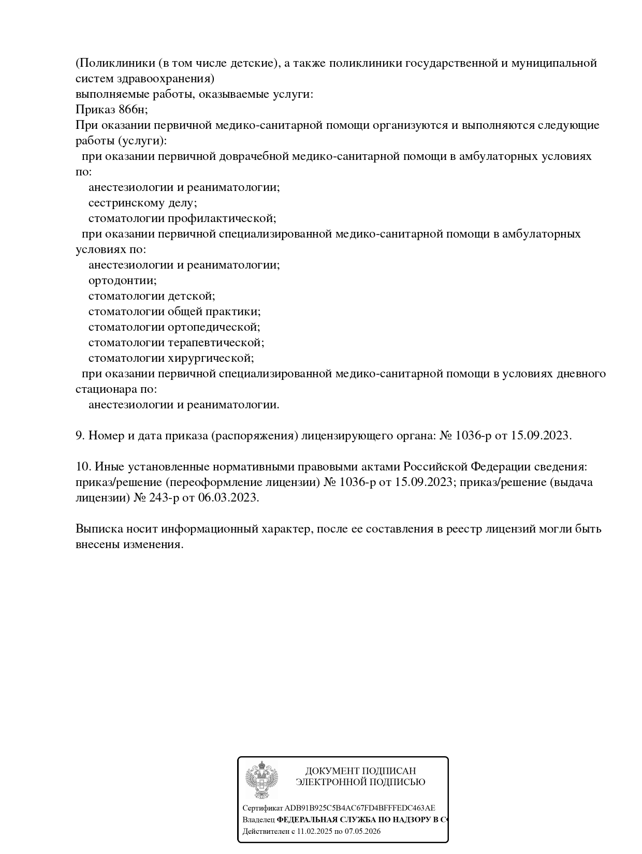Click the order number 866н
tap(133, 110)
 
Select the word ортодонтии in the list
tap(122, 281)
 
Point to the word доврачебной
tap(257, 156)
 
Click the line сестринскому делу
tap(142, 203)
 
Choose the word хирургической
tap(211, 358)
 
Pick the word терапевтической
tap(216, 343)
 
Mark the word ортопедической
tap(214, 327)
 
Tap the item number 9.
tap(80, 436)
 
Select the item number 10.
tap(83, 467)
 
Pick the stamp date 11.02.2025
tap(314, 832)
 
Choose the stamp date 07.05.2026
tap(363, 832)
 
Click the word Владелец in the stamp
tap(258, 820)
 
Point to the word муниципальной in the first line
tap(553, 63)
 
